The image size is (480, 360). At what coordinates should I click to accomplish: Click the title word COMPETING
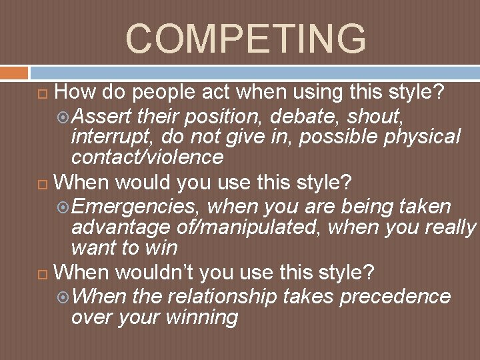click(x=245, y=38)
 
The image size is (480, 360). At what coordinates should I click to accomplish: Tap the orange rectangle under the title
click(x=14, y=72)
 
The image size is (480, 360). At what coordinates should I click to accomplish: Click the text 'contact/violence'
click(x=147, y=157)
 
